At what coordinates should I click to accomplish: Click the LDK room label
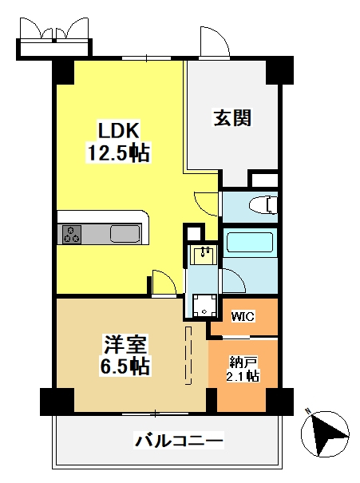pyautogui.click(x=119, y=130)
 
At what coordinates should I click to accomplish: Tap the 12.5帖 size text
pyautogui.click(x=119, y=152)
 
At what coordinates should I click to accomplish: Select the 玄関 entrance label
pyautogui.click(x=232, y=117)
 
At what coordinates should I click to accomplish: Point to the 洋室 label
pyautogui.click(x=125, y=344)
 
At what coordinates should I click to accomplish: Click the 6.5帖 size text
pyautogui.click(x=125, y=366)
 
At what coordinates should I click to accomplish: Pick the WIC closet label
pyautogui.click(x=243, y=316)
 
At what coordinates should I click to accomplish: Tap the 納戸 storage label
pyautogui.click(x=243, y=362)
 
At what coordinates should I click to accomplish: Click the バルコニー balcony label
pyautogui.click(x=179, y=441)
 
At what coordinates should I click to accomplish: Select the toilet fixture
pyautogui.click(x=263, y=204)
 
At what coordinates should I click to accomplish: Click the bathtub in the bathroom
pyautogui.click(x=250, y=243)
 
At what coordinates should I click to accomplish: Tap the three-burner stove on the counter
pyautogui.click(x=72, y=235)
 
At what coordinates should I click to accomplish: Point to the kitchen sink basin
pyautogui.click(x=125, y=234)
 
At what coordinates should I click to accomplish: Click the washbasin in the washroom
pyautogui.click(x=204, y=255)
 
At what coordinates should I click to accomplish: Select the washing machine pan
pyautogui.click(x=204, y=305)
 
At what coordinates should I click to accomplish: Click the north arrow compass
pyautogui.click(x=325, y=434)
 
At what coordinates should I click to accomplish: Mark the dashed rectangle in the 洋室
pyautogui.click(x=188, y=355)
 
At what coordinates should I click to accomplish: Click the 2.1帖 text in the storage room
pyautogui.click(x=243, y=376)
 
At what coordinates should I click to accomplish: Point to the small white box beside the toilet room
pyautogui.click(x=265, y=180)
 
